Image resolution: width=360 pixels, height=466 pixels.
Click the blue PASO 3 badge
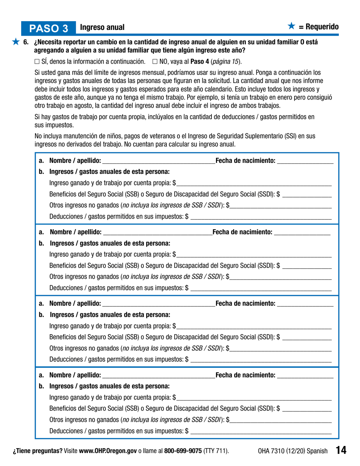coord(49,28)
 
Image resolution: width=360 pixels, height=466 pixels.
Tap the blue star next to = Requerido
coord(291,27)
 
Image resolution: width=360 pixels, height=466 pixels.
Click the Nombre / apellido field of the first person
coord(158,162)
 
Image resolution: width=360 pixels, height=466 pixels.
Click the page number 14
coord(341,450)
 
